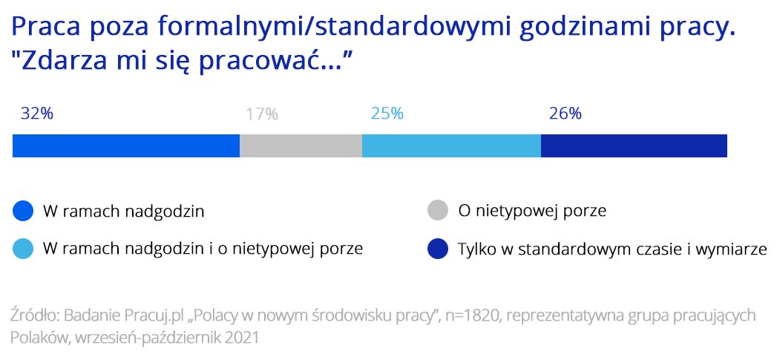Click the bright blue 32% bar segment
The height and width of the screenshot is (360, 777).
(126, 145)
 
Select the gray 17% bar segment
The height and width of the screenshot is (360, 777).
(301, 145)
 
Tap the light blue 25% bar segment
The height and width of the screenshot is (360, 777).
(451, 145)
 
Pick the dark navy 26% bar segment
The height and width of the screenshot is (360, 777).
(634, 145)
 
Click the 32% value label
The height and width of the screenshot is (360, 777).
(36, 114)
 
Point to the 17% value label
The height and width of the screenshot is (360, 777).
(262, 114)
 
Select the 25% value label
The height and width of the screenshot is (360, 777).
(387, 114)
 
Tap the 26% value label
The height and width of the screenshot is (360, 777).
(565, 114)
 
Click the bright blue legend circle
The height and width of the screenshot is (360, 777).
(23, 212)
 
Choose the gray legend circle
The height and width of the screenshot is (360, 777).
(438, 212)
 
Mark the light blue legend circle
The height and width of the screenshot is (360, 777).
(23, 249)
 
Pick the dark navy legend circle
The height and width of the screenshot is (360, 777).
(438, 249)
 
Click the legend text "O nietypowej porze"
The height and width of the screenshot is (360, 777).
(532, 212)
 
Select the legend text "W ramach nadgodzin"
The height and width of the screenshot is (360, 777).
(124, 212)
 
